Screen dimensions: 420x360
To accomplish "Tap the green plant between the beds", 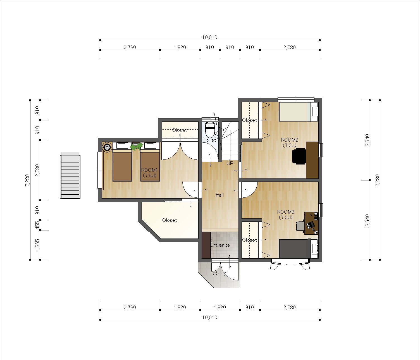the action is tap(137, 147).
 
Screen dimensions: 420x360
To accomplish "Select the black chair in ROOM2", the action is tap(299, 156).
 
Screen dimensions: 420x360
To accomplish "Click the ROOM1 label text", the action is tap(149, 170).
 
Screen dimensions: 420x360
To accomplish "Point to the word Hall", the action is tap(220, 195).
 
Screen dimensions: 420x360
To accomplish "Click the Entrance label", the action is tap(220, 245).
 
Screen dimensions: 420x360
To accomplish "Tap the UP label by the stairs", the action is tap(230, 163).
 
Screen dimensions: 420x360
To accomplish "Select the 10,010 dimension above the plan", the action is tap(210, 37).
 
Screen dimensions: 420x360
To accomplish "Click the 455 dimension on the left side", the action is tap(37, 225).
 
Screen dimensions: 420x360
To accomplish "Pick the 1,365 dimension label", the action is tap(37, 245).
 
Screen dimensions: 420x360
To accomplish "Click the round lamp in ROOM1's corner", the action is tap(107, 147).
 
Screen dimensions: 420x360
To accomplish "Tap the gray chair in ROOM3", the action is tap(300, 226).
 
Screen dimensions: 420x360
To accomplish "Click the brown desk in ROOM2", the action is tap(312, 160).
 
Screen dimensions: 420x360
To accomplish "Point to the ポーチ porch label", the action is tap(219, 274).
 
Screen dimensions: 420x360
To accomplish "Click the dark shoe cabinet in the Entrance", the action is tap(206, 245).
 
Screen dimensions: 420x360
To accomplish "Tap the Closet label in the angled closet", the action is tap(170, 220).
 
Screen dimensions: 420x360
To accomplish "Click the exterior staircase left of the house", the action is tap(70, 175).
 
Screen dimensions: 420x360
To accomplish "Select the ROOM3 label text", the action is tap(286, 212).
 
